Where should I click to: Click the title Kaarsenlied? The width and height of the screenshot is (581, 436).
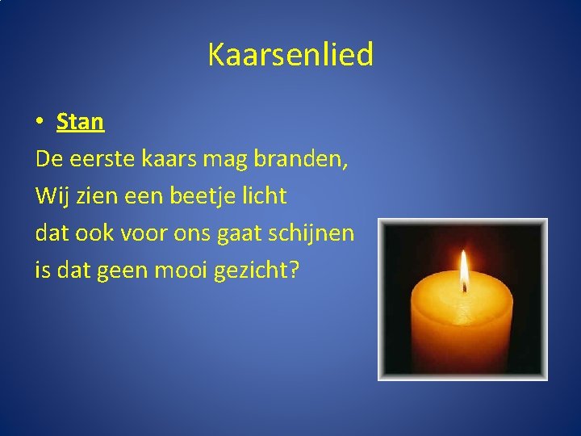click(x=290, y=55)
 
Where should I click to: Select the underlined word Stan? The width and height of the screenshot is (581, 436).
click(x=80, y=122)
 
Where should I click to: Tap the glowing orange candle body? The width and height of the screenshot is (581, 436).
click(x=462, y=327)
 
